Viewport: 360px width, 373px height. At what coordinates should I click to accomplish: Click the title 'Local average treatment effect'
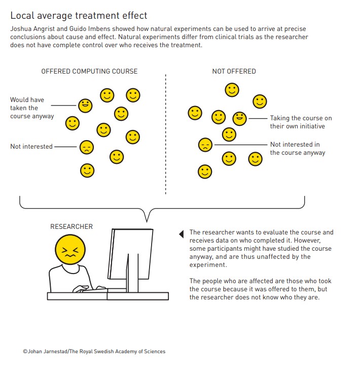pos(79,16)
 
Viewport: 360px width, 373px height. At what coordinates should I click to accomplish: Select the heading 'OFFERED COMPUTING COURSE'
pos(89,72)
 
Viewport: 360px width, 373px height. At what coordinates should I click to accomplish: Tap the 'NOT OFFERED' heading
pos(234,72)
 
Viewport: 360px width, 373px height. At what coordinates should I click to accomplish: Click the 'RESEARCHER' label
pos(71,226)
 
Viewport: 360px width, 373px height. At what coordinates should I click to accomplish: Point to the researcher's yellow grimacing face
pos(70,250)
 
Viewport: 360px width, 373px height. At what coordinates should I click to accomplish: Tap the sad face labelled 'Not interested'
pos(87,147)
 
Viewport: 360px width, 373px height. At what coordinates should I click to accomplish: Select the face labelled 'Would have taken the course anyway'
pos(85,106)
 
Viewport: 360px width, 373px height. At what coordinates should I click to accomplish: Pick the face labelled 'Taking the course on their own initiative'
pos(239,118)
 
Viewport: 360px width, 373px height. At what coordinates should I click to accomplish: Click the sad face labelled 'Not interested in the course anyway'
pos(205,145)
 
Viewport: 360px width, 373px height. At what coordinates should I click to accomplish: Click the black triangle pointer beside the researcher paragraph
pos(182,234)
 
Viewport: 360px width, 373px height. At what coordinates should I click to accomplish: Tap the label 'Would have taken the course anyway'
pos(32,108)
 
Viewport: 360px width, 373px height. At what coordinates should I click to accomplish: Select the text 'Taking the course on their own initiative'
pos(301,122)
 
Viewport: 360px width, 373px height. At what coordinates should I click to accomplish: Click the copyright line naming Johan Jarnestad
pos(94,351)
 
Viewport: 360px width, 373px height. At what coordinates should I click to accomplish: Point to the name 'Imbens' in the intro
pos(99,29)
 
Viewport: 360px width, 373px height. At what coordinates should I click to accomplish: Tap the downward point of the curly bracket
pos(147,222)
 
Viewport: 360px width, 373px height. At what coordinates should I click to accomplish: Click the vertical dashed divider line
pos(166,134)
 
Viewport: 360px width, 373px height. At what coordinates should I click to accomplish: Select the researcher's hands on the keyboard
pos(89,289)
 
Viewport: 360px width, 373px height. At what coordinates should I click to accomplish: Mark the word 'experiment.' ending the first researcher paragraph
pos(208,265)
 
